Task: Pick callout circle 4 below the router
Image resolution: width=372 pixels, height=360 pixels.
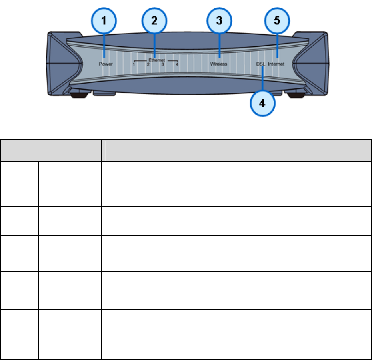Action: (262, 103)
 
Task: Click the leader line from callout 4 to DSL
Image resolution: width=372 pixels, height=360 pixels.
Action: (262, 80)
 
